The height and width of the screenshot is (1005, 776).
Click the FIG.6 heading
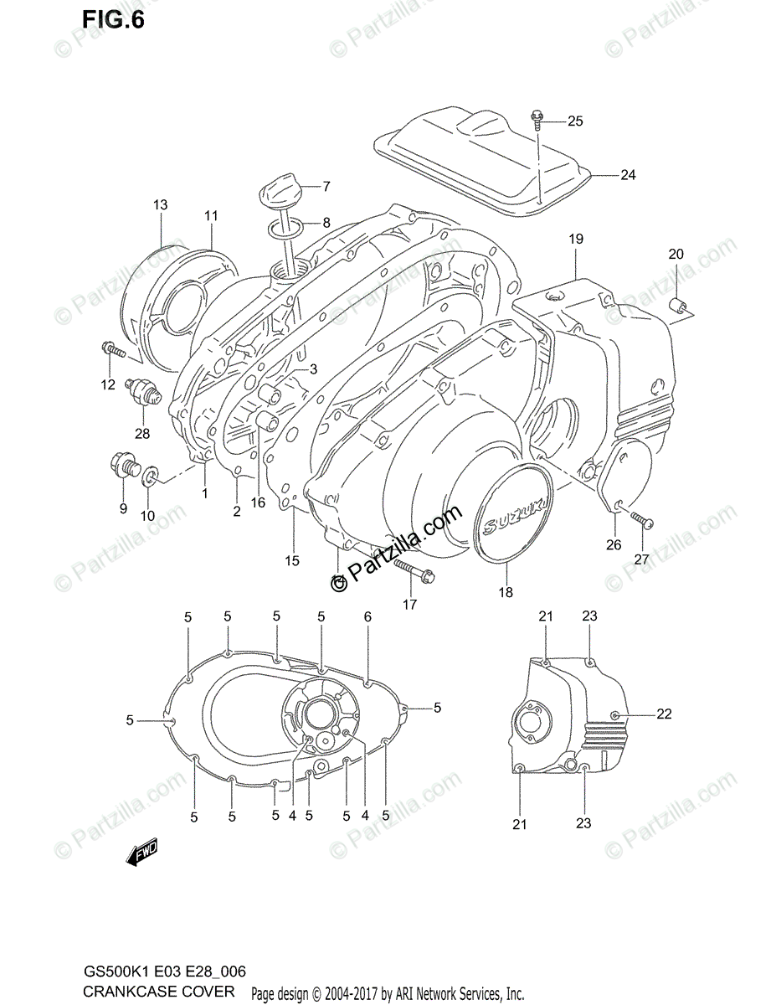coord(113,18)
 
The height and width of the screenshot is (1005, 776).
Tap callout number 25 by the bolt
coord(574,121)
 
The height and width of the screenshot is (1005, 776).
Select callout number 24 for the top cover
coord(628,175)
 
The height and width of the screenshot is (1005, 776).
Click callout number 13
coord(160,205)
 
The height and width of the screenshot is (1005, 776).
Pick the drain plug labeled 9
coord(121,464)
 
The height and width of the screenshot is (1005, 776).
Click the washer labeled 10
coord(149,477)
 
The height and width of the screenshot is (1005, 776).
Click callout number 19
coord(576,240)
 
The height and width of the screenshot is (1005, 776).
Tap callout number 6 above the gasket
coord(367,616)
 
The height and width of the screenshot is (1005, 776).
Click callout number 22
coord(664,714)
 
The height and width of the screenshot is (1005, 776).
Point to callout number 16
coord(256,502)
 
